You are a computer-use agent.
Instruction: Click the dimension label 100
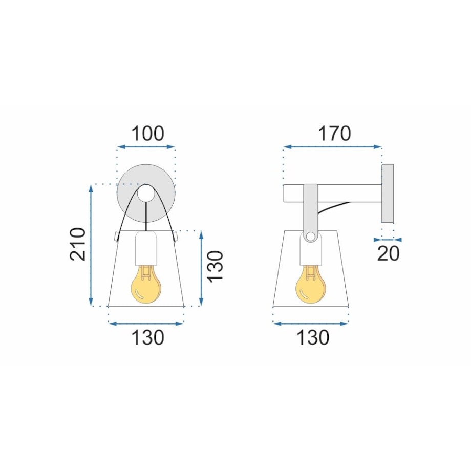click(x=148, y=134)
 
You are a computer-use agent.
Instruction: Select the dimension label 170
click(x=334, y=134)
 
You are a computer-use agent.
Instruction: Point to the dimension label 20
click(x=388, y=253)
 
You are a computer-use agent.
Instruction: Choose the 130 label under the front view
click(x=148, y=337)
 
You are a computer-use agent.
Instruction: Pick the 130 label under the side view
click(x=313, y=337)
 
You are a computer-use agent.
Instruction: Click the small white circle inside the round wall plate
click(x=146, y=193)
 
